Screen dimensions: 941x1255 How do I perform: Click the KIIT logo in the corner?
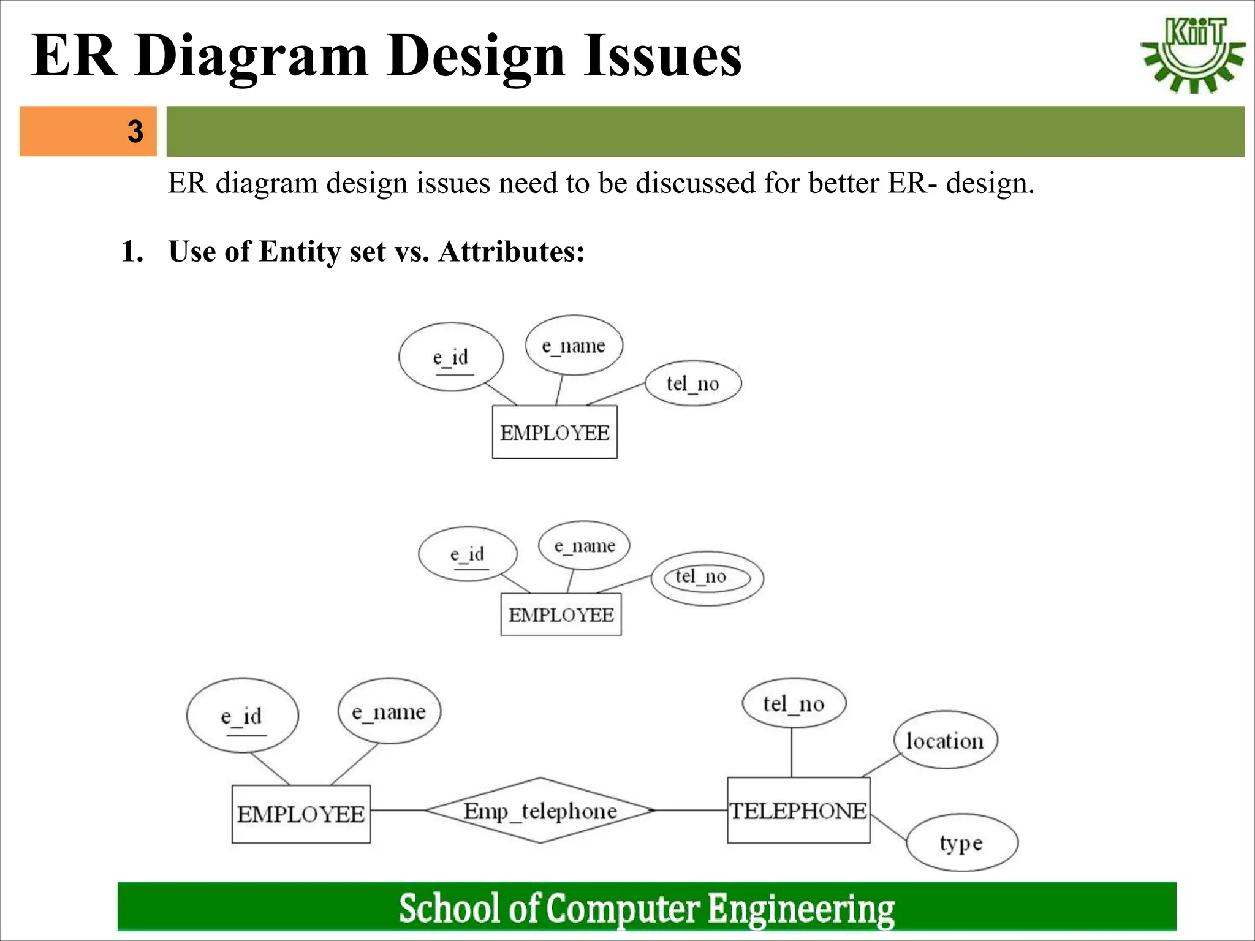tap(1192, 55)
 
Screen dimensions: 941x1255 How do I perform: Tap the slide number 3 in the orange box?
tap(135, 131)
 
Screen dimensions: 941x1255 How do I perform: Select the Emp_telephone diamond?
tap(540, 811)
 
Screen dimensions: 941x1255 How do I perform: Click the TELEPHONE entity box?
tap(798, 811)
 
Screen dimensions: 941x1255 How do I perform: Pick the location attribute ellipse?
tap(945, 741)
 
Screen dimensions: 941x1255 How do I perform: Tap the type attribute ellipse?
tap(961, 843)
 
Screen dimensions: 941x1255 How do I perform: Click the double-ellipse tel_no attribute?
tap(707, 577)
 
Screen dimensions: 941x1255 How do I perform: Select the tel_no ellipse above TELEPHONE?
tap(794, 703)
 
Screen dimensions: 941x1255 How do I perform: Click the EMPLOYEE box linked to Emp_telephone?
tap(301, 814)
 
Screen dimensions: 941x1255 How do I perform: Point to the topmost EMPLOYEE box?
tap(555, 433)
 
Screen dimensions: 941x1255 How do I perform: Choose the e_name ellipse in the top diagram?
tap(574, 346)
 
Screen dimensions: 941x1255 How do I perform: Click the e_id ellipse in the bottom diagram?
tap(242, 716)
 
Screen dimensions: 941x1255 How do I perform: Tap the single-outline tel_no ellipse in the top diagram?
tap(693, 384)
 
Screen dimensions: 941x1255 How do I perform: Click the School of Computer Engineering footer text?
tap(646, 908)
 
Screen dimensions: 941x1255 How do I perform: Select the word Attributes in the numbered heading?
tap(511, 251)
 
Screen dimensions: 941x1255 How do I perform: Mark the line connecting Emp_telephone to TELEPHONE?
tap(691, 811)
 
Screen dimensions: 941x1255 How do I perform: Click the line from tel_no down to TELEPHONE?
tap(792, 752)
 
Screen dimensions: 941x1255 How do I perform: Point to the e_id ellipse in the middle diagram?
tap(468, 554)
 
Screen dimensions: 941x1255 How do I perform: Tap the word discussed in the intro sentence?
tap(695, 183)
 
